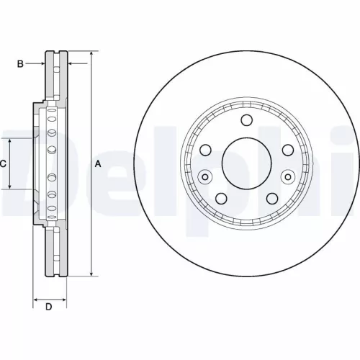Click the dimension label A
pos(99,164)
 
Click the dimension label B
pos(22,64)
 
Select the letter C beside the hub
pos(4,164)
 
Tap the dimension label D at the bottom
pos(49,308)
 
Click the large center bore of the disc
pos(246,163)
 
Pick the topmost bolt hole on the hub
pos(246,120)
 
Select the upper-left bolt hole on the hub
pos(205,150)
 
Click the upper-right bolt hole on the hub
pos(288,150)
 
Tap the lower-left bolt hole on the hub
pos(220,199)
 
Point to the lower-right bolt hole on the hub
pos(272,199)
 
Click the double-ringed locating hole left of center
pos(205,176)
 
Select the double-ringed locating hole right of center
pos(288,176)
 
